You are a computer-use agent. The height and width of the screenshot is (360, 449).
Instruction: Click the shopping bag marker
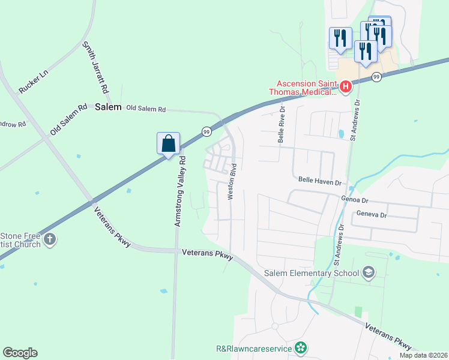(169, 144)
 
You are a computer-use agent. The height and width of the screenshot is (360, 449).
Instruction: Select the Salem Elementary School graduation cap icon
(369, 274)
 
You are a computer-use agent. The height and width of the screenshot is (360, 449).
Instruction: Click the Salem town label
(108, 107)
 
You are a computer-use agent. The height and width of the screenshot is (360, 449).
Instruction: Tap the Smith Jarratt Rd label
(96, 67)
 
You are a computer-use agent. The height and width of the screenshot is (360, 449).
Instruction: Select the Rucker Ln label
(32, 80)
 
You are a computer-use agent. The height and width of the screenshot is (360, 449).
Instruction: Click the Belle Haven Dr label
(319, 181)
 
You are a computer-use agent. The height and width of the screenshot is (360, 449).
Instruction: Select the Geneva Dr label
(372, 214)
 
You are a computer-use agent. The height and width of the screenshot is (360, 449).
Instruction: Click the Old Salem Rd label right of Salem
(144, 109)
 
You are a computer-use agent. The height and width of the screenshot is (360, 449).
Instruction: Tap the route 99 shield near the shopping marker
(206, 131)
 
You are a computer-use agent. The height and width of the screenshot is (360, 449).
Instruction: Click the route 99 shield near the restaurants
(376, 77)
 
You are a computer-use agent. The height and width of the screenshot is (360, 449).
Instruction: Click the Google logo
(20, 353)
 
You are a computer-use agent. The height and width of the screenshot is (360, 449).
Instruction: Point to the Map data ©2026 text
(423, 355)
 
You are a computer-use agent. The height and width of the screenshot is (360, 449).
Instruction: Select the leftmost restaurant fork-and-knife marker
(340, 37)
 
